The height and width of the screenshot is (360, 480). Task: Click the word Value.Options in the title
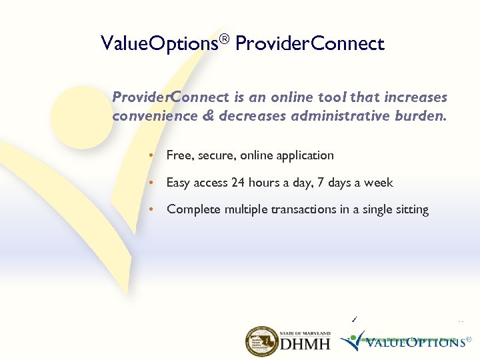pos(158,45)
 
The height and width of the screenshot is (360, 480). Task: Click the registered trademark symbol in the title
pos(223,39)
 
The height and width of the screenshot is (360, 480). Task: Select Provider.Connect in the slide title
pos(310,45)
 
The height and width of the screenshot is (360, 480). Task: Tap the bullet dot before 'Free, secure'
pos(152,155)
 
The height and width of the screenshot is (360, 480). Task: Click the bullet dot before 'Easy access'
pos(152,183)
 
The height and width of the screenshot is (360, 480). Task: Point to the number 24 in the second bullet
pos(238,183)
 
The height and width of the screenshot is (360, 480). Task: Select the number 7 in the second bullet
pos(323,183)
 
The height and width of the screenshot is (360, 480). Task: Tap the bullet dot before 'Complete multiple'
pos(152,209)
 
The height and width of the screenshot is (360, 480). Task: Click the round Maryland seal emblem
pos(261,341)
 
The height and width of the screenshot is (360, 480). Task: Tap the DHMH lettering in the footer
pos(305,345)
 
